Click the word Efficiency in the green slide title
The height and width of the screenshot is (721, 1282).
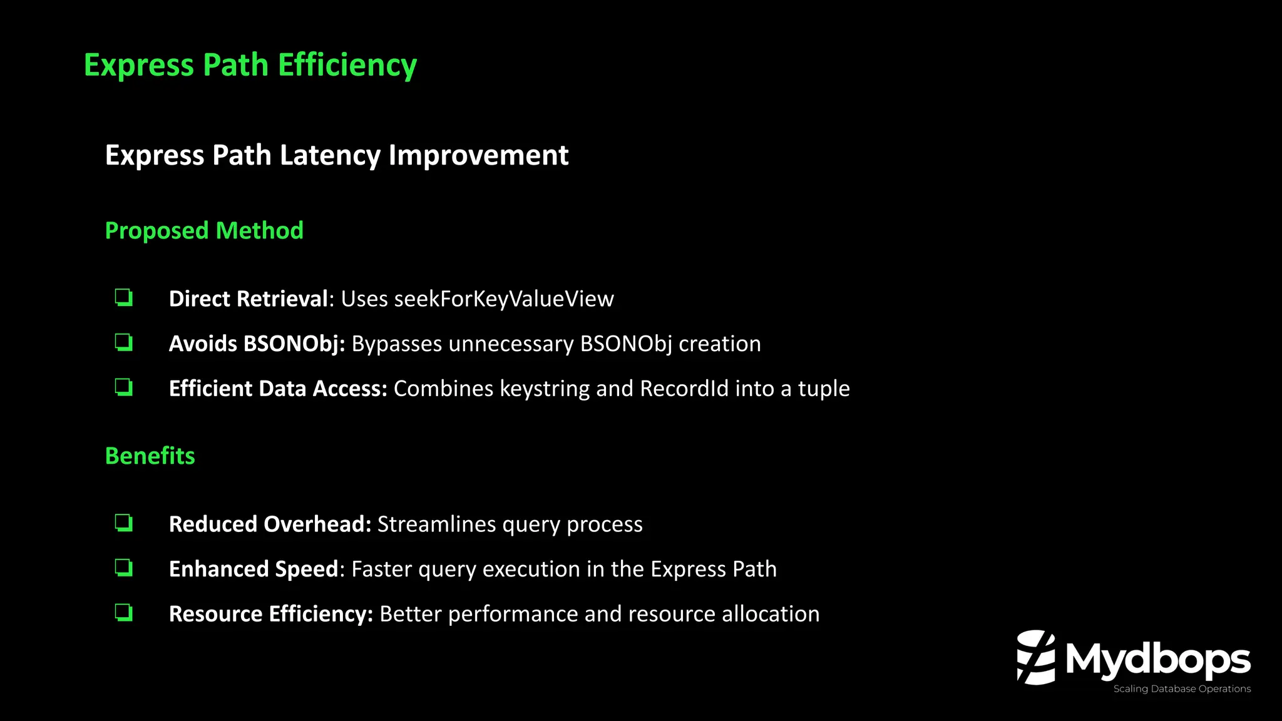(x=347, y=65)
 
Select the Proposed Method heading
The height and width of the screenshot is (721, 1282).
(x=204, y=230)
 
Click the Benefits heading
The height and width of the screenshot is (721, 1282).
(x=150, y=456)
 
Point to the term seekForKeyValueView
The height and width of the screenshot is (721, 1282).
(x=504, y=299)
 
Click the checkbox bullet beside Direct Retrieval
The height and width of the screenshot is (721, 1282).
(x=124, y=297)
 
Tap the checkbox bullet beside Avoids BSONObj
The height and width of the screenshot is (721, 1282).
(x=124, y=342)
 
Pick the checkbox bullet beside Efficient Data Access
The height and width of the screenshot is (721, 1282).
(x=124, y=387)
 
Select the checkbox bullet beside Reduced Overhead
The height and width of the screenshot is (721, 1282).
(x=124, y=523)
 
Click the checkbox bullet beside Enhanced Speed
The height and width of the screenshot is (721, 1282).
(x=124, y=568)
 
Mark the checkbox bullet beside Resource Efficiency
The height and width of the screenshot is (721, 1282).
(x=124, y=613)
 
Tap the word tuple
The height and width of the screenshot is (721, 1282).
(x=824, y=389)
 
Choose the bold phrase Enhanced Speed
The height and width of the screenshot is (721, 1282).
(x=254, y=570)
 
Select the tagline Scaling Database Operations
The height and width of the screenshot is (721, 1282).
(x=1182, y=689)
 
